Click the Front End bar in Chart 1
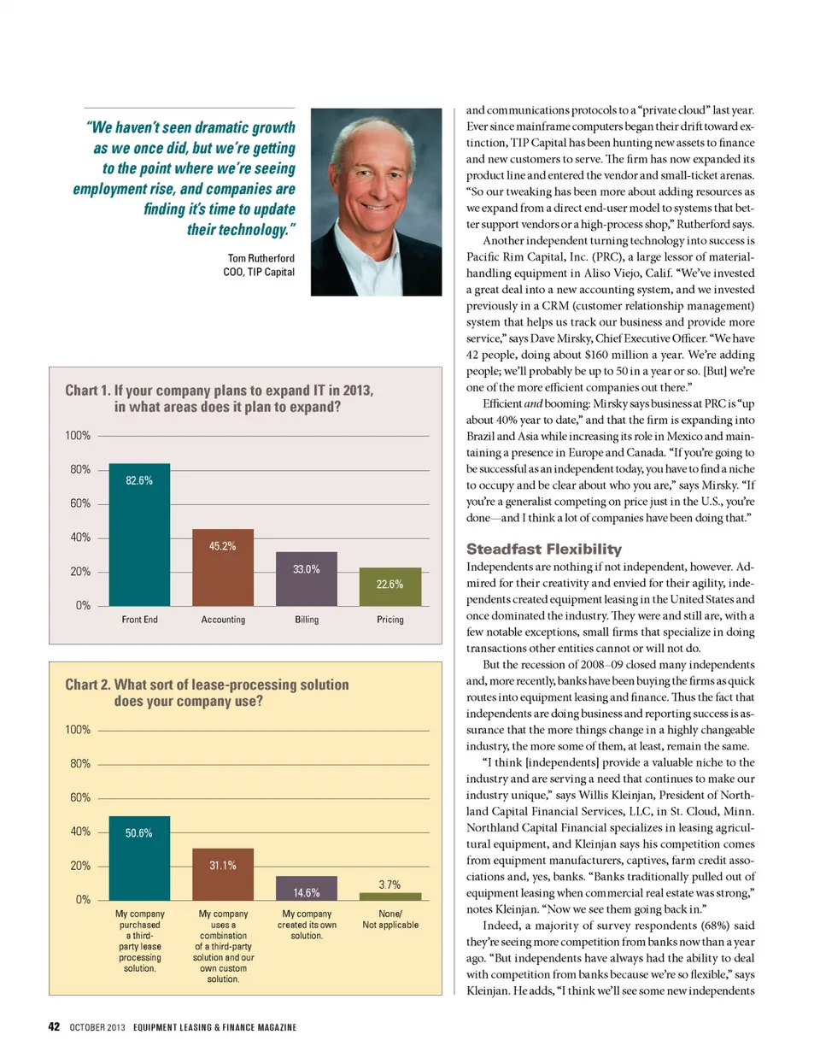pos(139,534)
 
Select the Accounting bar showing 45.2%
pos(223,567)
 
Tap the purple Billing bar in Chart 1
pos(307,579)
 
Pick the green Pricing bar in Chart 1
pos(390,586)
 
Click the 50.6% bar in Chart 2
pos(139,857)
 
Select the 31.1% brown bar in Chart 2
pos(223,873)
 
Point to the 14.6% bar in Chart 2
pos(307,888)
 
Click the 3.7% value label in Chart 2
pos(389,885)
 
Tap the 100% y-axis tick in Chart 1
pos(78,436)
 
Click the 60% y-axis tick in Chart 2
pos(80,797)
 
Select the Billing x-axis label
pos(307,620)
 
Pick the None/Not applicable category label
pos(390,920)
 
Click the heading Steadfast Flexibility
pos(544,550)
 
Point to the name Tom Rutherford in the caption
pos(261,258)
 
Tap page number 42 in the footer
pos(54,1026)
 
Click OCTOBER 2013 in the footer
pos(97,1027)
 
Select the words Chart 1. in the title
pos(87,391)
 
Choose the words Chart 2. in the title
pos(87,685)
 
